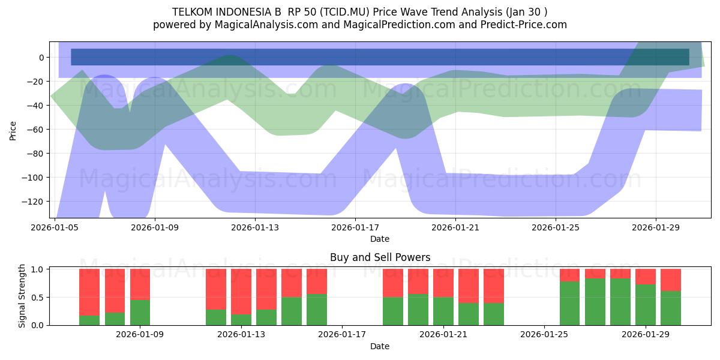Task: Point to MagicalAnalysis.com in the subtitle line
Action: coord(266,25)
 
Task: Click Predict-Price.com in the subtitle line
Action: coord(524,25)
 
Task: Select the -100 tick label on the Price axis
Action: coord(35,178)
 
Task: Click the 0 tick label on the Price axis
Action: coord(42,58)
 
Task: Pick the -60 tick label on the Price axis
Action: coord(37,130)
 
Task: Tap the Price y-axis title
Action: coord(13,131)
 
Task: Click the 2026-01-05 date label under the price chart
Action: coord(55,227)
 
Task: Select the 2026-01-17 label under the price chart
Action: coord(355,227)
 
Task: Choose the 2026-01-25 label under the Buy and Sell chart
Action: coord(544,334)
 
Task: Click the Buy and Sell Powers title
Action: coord(380,257)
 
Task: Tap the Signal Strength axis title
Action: coord(22,296)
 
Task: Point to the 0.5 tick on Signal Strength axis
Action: coord(38,298)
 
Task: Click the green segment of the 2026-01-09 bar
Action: coord(140,313)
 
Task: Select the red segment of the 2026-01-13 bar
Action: coord(241,292)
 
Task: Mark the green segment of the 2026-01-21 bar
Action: coord(443,311)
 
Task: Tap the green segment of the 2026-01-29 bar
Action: coord(646,305)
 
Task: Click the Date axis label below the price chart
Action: coord(380,239)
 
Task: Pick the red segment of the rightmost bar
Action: coord(671,280)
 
